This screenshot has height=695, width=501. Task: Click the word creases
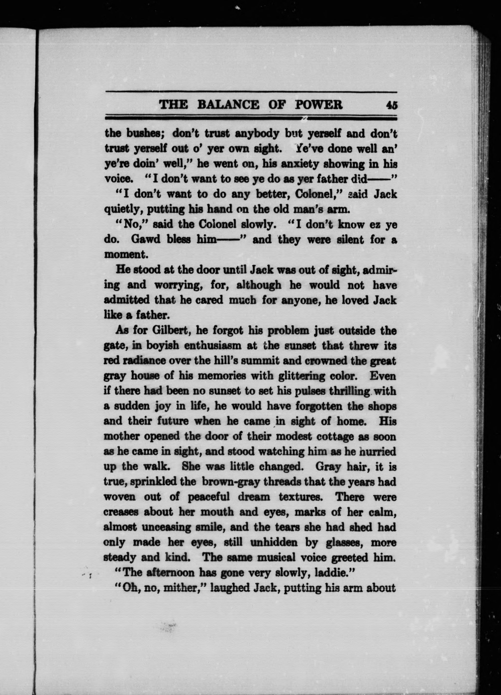pyautogui.click(x=121, y=512)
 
